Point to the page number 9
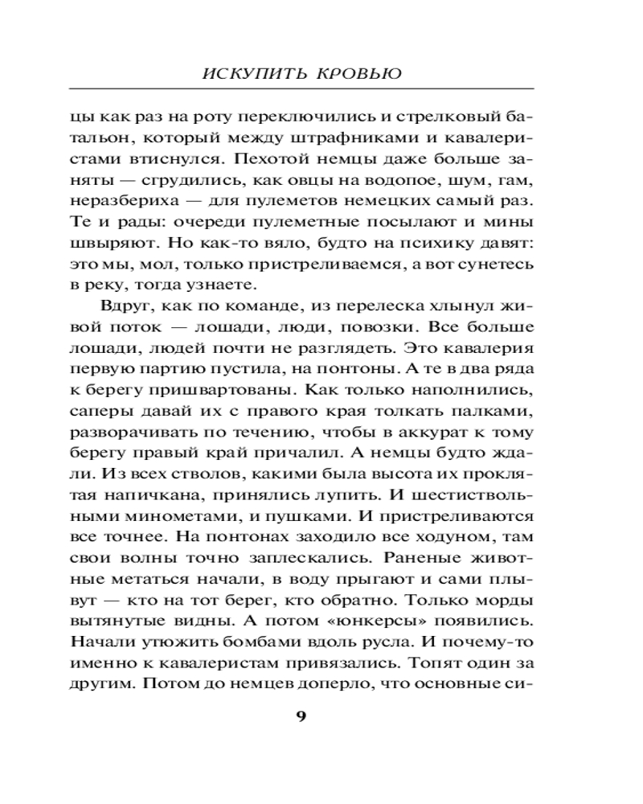[302, 717]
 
